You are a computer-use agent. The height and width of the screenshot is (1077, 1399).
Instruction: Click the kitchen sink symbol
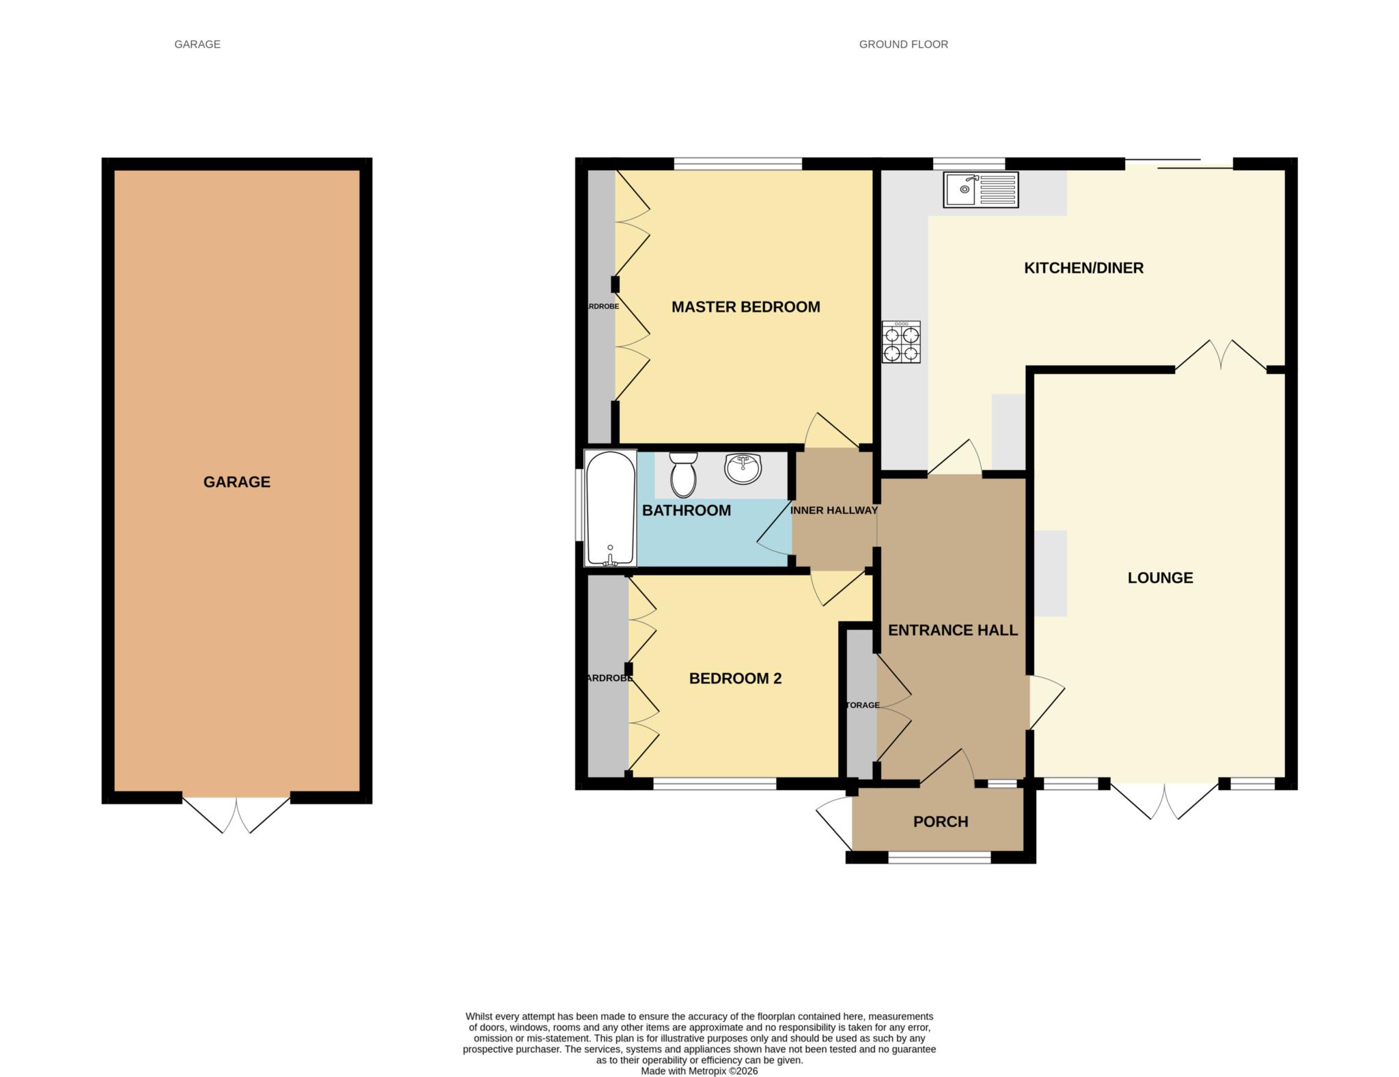pos(980,189)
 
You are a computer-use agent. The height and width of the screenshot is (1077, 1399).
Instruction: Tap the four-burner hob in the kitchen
pos(901,342)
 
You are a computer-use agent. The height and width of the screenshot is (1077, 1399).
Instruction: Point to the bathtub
pos(611,508)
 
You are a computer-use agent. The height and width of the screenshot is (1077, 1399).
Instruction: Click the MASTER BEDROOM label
pos(745,307)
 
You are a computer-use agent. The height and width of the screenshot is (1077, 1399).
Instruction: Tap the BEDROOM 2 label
pos(735,679)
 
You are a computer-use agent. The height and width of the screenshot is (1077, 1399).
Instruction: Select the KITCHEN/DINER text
pos(1083,268)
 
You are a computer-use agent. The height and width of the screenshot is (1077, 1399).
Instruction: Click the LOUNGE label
pos(1160,578)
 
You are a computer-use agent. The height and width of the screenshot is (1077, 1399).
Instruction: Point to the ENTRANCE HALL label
pos(952,630)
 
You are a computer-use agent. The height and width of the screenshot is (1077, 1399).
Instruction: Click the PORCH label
pos(941,822)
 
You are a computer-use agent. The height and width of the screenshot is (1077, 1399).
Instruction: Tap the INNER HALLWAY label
pos(833,510)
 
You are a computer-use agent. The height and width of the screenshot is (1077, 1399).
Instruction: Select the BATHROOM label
pos(687,510)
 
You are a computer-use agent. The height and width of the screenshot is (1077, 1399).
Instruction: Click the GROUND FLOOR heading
pos(903,44)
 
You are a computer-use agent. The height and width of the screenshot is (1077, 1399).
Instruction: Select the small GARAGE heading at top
pos(197,44)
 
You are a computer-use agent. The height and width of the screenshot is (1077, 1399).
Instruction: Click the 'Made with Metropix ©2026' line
pos(699,1071)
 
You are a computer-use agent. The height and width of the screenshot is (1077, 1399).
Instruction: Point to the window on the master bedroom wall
pos(737,164)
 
